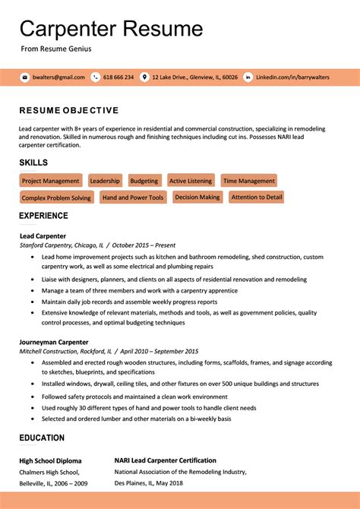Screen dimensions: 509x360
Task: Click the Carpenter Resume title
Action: click(x=111, y=29)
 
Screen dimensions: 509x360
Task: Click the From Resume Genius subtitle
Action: click(x=55, y=49)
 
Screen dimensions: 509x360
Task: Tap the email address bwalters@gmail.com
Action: click(x=58, y=77)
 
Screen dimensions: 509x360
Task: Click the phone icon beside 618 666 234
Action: click(x=96, y=77)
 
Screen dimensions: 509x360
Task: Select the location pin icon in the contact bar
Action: click(x=144, y=77)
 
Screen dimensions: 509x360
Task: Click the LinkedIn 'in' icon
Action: click(x=248, y=77)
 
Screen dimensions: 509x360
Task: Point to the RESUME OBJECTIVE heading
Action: click(x=68, y=110)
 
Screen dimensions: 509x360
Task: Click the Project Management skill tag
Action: click(x=50, y=181)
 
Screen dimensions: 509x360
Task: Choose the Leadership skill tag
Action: click(x=105, y=181)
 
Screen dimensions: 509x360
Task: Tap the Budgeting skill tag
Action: click(x=144, y=181)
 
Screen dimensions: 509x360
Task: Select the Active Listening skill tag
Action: click(x=191, y=181)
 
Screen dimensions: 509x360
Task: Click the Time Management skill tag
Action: click(x=249, y=181)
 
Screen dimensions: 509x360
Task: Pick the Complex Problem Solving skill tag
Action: click(x=56, y=198)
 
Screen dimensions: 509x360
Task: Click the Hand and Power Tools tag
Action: click(x=133, y=198)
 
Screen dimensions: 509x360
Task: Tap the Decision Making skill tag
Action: click(x=197, y=197)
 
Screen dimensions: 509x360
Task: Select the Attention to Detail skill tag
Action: click(x=257, y=197)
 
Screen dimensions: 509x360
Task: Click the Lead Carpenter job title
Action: click(x=43, y=236)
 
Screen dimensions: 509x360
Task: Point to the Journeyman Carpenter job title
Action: click(x=54, y=342)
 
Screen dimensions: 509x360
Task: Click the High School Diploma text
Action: click(x=50, y=460)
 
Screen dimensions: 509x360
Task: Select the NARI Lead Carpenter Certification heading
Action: click(x=165, y=460)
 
